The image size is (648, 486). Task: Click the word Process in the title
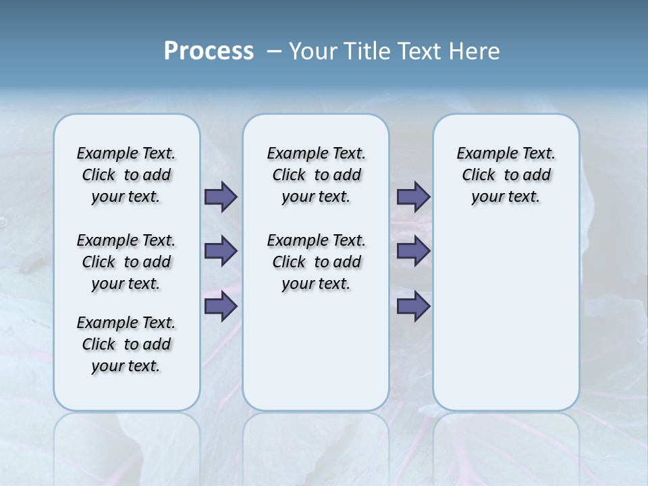pyautogui.click(x=209, y=51)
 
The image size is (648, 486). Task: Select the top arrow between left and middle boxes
pyautogui.click(x=221, y=197)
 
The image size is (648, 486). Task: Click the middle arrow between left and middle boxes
pyautogui.click(x=221, y=251)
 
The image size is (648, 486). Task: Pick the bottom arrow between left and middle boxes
pyautogui.click(x=221, y=306)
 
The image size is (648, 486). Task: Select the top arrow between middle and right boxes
pyautogui.click(x=413, y=197)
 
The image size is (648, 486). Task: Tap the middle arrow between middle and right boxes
pyautogui.click(x=413, y=251)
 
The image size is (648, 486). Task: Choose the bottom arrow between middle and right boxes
pyautogui.click(x=413, y=306)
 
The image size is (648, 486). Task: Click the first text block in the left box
pyautogui.click(x=126, y=175)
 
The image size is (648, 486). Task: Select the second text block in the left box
pyautogui.click(x=126, y=262)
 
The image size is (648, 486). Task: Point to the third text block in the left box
pyautogui.click(x=126, y=344)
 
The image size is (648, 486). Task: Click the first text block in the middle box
pyautogui.click(x=316, y=175)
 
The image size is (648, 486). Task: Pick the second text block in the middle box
pyautogui.click(x=316, y=262)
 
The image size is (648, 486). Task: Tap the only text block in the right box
pyautogui.click(x=506, y=175)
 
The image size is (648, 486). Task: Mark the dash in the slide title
pyautogui.click(x=274, y=51)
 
